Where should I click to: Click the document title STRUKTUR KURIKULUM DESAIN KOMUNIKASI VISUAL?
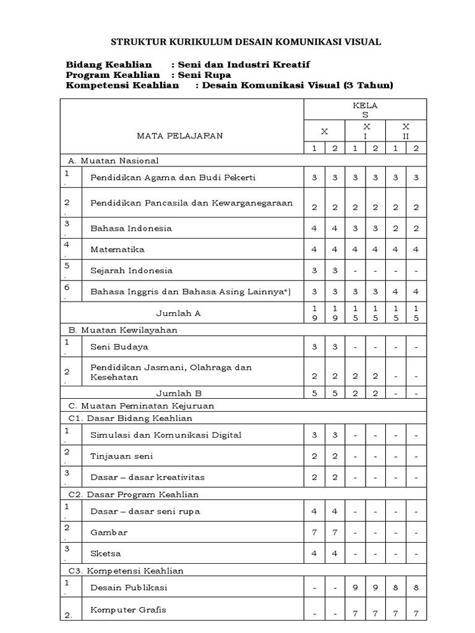pos(246,42)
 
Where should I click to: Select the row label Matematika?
pos(118,249)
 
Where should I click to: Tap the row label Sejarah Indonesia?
pos(132,270)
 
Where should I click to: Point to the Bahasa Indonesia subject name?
pos(131,228)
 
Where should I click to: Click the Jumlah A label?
pos(179,313)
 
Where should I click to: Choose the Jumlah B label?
pos(179,392)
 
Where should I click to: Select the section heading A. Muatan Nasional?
pos(113,161)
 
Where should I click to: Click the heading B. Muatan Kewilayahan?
pos(122,329)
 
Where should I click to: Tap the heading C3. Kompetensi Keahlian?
pos(126,571)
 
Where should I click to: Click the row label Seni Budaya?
pos(119,346)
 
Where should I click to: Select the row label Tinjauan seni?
pos(122,456)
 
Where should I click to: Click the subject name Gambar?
pos(109,532)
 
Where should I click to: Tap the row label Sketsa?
pos(106,553)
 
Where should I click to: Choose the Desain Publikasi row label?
pos(129,587)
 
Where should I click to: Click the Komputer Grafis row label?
pos(128,610)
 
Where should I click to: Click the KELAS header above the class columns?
pos(364,110)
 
